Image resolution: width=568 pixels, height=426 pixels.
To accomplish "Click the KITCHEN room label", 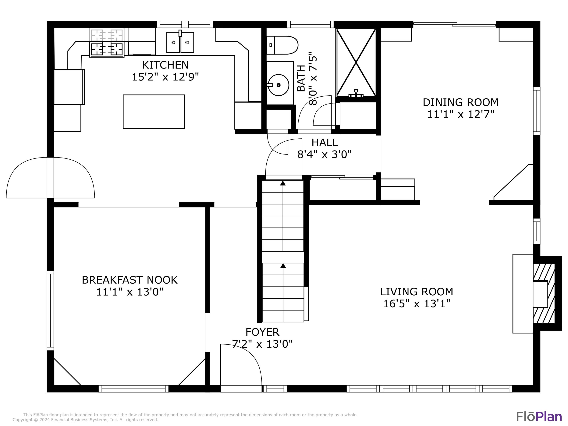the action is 165,65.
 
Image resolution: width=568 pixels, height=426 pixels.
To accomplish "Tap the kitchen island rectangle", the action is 154,112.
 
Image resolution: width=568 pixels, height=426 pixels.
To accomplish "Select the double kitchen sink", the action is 180,42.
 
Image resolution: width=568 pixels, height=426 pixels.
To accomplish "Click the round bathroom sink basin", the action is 278,85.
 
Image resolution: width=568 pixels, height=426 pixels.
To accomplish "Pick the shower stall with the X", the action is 356,62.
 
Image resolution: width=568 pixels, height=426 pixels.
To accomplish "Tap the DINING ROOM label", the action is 460,102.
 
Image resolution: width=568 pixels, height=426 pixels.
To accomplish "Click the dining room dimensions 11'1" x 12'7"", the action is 460,114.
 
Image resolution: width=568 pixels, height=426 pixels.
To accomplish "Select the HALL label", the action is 325,143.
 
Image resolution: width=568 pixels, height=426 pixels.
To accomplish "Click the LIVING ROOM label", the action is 417,292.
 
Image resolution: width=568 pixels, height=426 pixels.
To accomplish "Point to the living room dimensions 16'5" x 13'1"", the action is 417,304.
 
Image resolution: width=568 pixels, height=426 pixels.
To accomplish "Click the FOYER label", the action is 262,332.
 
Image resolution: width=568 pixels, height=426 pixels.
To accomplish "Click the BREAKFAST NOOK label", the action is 130,280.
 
